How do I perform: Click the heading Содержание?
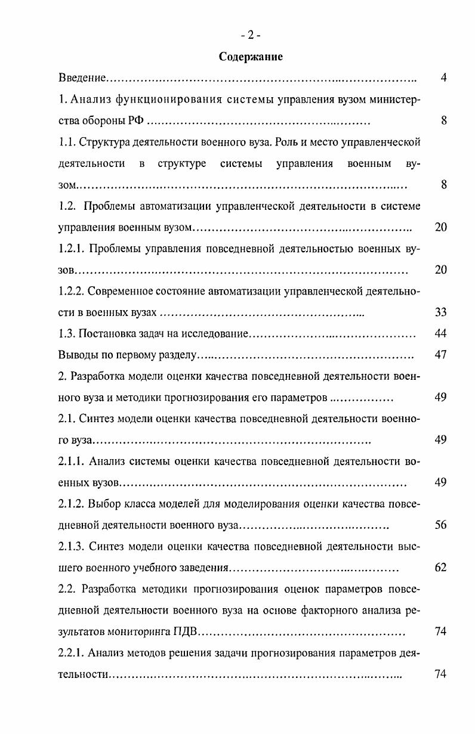point(251,57)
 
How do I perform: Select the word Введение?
point(82,78)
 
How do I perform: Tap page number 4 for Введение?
point(443,78)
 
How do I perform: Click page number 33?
point(441,312)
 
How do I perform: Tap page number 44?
point(441,333)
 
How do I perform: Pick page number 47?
point(441,355)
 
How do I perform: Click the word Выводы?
point(77,355)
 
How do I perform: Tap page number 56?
point(441,525)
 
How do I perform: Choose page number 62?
point(441,567)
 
